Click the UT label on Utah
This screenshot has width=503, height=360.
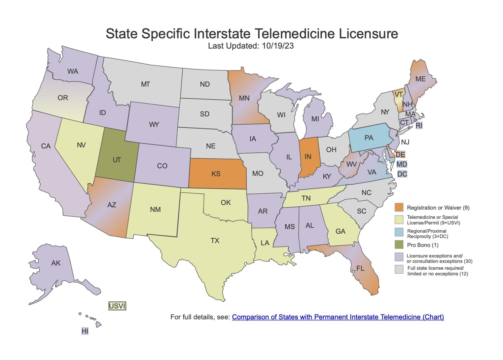pos(117,160)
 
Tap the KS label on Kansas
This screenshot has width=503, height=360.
pos(216,174)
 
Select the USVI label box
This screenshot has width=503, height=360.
pos(117,306)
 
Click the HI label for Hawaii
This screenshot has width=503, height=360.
pos(85,331)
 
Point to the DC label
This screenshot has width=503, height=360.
pos(402,174)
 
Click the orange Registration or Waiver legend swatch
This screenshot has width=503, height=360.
pos(399,208)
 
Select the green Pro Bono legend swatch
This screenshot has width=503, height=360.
pos(399,245)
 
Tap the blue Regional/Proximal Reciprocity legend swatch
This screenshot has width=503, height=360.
pos(399,232)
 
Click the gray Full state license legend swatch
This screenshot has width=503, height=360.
pos(399,270)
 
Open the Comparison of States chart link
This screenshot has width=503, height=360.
pos(338,317)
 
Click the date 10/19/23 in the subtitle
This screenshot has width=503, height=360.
pos(278,46)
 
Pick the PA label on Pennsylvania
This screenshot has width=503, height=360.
pos(369,138)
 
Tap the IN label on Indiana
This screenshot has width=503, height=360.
pos(308,156)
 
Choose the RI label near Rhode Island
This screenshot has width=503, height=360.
pos(419,126)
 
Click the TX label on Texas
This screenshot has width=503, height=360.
pos(215,241)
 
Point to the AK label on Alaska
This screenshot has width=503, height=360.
pos(56,263)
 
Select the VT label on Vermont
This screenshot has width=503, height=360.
pos(399,95)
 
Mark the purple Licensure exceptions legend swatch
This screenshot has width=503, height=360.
pos(399,257)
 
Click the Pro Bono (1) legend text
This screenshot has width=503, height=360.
pos(423,245)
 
